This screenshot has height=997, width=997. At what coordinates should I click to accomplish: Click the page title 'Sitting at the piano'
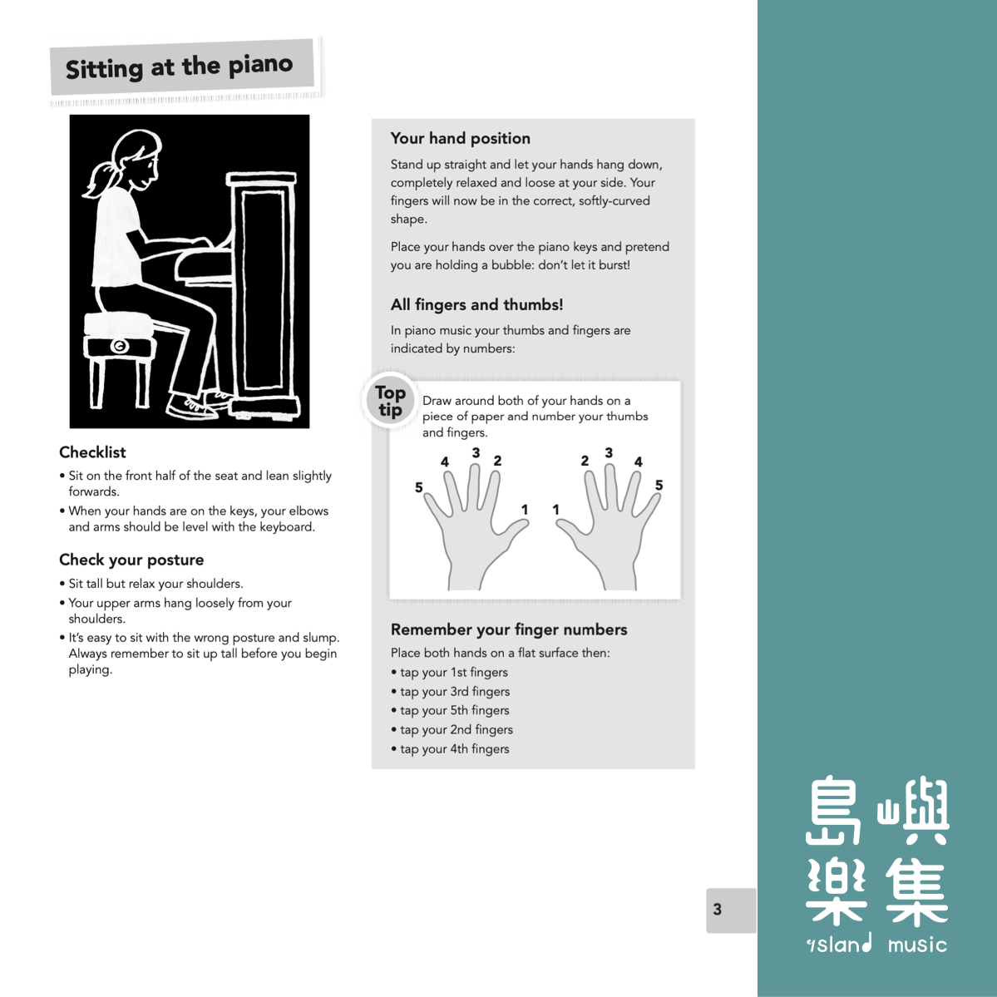pyautogui.click(x=180, y=67)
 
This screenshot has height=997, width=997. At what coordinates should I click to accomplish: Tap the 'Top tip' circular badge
pyautogui.click(x=390, y=401)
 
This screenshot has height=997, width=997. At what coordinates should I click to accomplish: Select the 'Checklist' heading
pyautogui.click(x=92, y=452)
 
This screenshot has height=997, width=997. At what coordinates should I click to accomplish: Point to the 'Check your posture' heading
pyautogui.click(x=131, y=560)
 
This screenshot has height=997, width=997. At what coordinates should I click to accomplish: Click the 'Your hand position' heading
pyautogui.click(x=460, y=139)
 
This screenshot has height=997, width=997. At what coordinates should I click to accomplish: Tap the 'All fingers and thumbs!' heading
pyautogui.click(x=476, y=305)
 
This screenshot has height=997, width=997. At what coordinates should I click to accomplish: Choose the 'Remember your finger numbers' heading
pyautogui.click(x=508, y=629)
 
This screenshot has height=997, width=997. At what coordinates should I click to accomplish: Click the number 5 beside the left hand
pyautogui.click(x=419, y=487)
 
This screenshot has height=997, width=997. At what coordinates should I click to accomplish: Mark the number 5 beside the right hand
pyautogui.click(x=659, y=486)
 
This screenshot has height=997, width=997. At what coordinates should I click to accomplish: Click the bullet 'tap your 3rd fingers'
pyautogui.click(x=454, y=692)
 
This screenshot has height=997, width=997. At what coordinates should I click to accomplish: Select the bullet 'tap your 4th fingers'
pyautogui.click(x=454, y=749)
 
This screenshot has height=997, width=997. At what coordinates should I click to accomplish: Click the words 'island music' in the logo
pyautogui.click(x=876, y=945)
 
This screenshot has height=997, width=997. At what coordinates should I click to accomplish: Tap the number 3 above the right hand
pyautogui.click(x=609, y=453)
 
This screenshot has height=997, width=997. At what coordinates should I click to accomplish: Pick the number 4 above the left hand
pyautogui.click(x=445, y=461)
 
